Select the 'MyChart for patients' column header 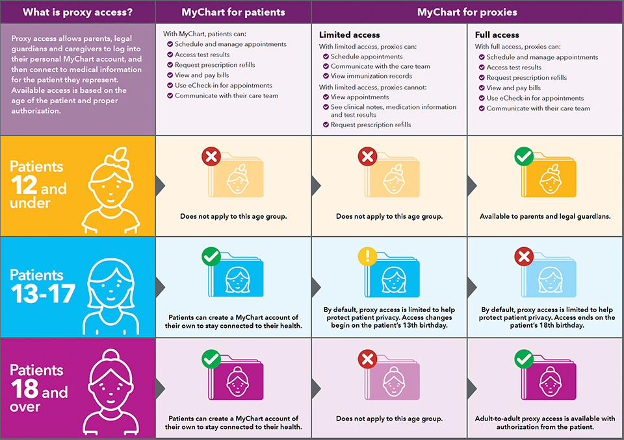pyautogui.click(x=233, y=12)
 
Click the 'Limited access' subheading pyautogui.click(x=349, y=34)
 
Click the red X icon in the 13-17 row pyautogui.click(x=523, y=258)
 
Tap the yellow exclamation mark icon pyautogui.click(x=367, y=258)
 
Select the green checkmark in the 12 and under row pyautogui.click(x=523, y=156)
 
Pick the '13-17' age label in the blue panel pyautogui.click(x=43, y=294)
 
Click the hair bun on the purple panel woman pyautogui.click(x=115, y=357)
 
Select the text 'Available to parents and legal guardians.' pyautogui.click(x=545, y=216)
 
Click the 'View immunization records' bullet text pyautogui.click(x=371, y=77)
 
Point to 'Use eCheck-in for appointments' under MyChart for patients pyautogui.click(x=223, y=86)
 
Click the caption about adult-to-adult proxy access pyautogui.click(x=545, y=423)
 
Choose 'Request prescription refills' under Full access pyautogui.click(x=526, y=78)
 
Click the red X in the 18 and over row pyautogui.click(x=367, y=359)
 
